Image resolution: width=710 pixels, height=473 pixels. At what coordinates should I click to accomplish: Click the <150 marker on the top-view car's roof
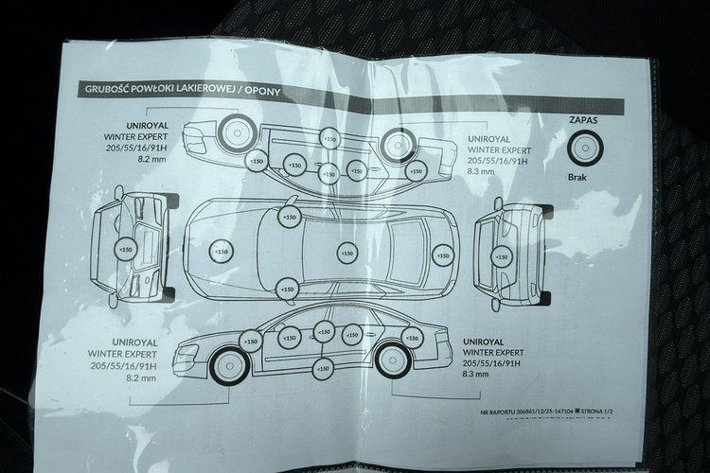(x=347, y=253)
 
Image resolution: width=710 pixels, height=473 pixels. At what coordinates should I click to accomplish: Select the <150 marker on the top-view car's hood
(x=221, y=253)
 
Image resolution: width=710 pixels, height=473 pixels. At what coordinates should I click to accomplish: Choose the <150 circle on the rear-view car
(x=502, y=254)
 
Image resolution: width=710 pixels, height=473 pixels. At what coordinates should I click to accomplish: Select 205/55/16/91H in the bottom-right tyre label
(x=490, y=362)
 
